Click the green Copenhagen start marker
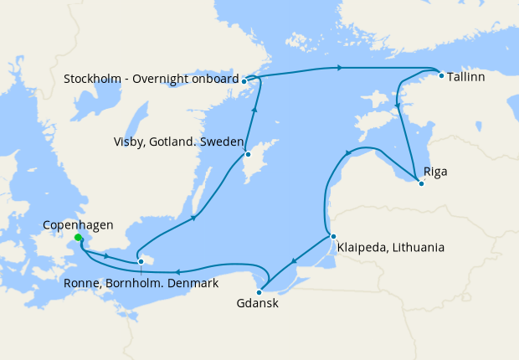(78, 238)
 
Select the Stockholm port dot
(244, 81)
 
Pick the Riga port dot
(421, 183)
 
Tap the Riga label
(435, 172)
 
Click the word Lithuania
(416, 248)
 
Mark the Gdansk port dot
(259, 292)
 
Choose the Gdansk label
(258, 305)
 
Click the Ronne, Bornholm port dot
(141, 261)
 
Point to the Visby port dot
(248, 155)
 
